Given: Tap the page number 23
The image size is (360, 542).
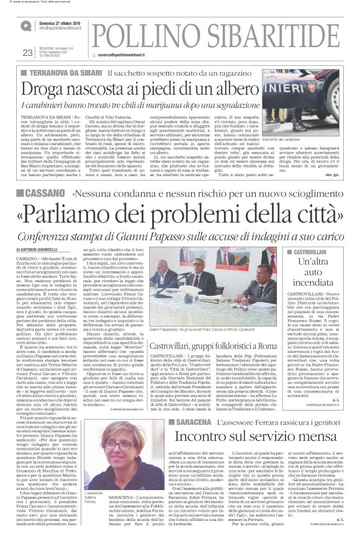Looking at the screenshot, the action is click(27, 53).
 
